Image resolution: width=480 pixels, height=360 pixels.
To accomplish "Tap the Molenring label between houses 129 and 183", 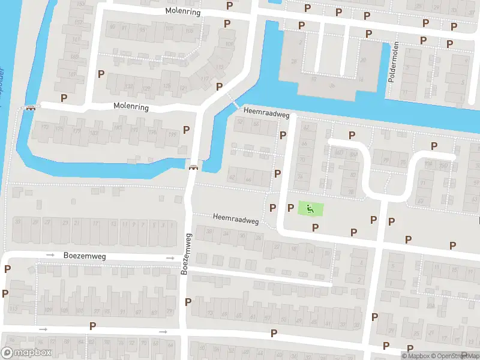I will click(131, 106).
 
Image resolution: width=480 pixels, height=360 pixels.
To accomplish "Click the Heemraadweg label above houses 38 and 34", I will click(235, 218).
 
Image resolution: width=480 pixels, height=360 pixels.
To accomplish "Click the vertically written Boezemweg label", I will click(185, 254).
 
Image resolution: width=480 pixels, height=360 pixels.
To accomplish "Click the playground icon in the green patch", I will click(310, 209).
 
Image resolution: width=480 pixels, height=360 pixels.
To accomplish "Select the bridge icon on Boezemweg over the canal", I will click(193, 167).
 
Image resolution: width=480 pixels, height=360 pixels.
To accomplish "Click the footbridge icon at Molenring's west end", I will click(29, 108).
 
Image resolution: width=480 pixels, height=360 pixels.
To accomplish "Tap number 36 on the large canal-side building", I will click(332, 85).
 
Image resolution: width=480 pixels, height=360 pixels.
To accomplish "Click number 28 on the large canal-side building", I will click(294, 61).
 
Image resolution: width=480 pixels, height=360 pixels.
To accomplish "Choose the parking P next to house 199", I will click(186, 130).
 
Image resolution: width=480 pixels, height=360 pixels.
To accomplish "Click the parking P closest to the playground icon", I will click(291, 208).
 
